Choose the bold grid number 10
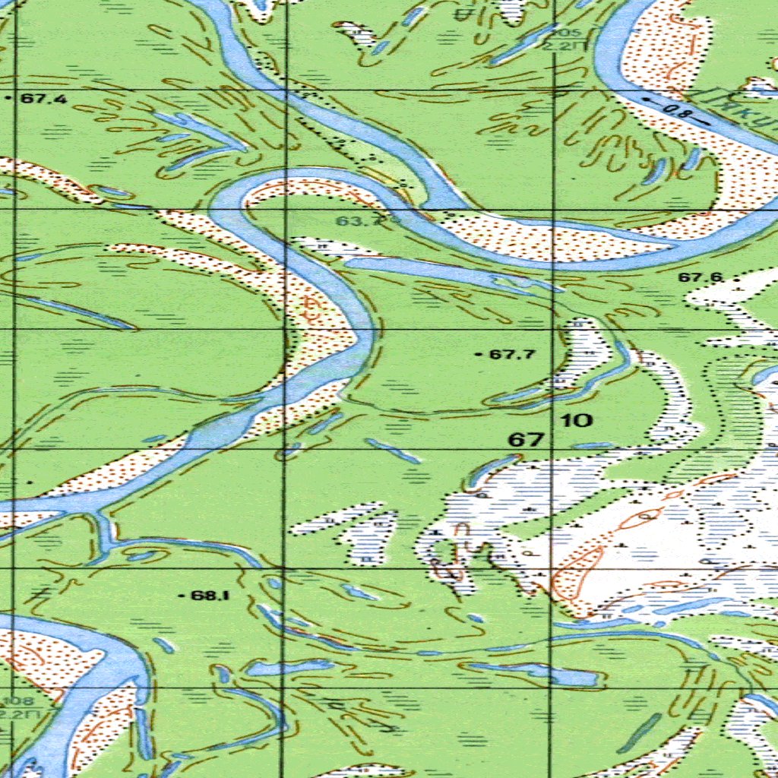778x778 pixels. point(579,420)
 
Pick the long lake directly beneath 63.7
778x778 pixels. point(448,272)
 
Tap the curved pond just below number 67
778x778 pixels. point(490,470)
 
